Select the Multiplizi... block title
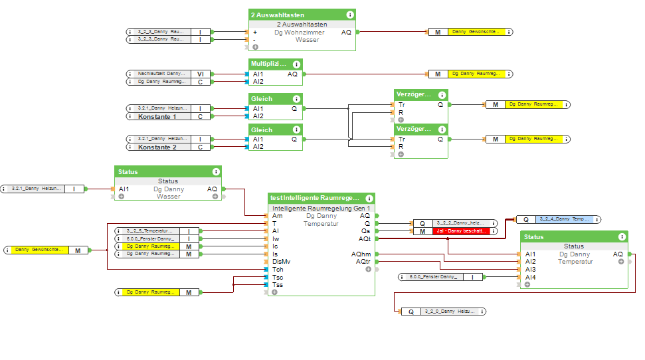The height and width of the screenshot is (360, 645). tap(269, 64)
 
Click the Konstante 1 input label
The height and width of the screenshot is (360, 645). tap(157, 116)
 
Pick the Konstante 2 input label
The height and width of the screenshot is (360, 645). tap(157, 147)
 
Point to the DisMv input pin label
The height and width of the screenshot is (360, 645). tap(282, 262)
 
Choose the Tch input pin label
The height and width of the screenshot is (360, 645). tap(278, 270)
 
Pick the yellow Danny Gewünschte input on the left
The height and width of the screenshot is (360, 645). tap(39, 250)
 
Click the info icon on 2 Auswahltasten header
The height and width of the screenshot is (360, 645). tap(349, 15)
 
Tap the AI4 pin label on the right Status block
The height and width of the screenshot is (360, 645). tap(531, 277)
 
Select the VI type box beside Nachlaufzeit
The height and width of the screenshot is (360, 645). tap(200, 74)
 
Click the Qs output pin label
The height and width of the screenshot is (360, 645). tap(366, 231)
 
